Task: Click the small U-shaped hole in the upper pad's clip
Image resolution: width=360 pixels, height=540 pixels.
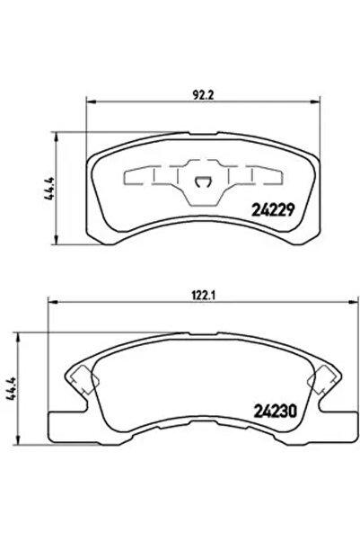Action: tap(205, 185)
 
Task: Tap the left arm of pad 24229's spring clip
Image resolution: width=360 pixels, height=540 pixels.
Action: tap(153, 177)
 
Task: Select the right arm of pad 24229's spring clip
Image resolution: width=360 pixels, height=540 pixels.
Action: tap(256, 177)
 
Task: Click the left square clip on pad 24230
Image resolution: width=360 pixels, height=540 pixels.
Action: tap(80, 378)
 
